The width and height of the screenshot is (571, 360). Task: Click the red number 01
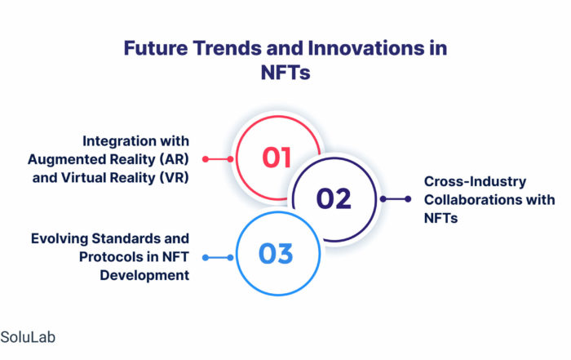(x=277, y=158)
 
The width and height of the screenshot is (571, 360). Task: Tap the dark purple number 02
(x=334, y=199)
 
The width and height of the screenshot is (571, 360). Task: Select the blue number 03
(x=276, y=254)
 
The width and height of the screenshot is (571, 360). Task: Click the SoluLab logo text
(x=28, y=337)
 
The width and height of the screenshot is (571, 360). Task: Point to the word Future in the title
(x=156, y=48)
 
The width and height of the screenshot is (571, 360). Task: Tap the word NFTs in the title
(x=285, y=72)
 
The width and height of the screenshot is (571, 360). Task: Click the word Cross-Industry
(x=475, y=181)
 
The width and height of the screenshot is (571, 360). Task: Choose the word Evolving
(x=60, y=238)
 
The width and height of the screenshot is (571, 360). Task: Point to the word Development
(x=144, y=275)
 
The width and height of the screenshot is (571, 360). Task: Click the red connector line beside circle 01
(x=218, y=159)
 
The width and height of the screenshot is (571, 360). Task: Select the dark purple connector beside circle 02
(x=396, y=199)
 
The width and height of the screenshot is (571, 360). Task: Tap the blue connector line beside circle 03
(x=218, y=258)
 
